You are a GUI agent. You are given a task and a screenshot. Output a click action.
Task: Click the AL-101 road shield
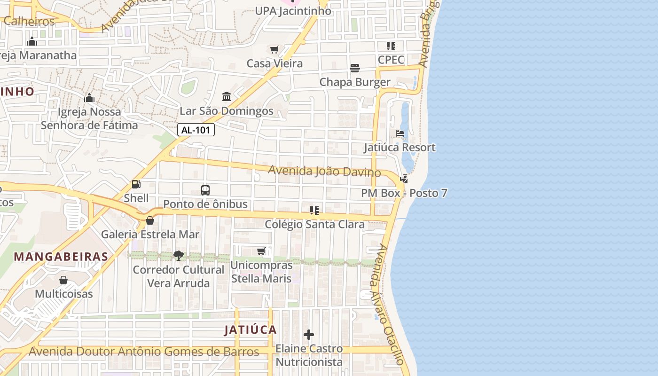click(196, 130)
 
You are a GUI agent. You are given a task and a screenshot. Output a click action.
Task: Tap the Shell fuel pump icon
click(136, 185)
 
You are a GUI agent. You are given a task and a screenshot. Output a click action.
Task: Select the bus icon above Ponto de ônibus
click(205, 190)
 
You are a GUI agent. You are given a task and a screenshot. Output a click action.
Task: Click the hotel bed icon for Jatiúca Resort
click(400, 134)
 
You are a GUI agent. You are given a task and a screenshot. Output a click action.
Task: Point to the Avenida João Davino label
click(324, 171)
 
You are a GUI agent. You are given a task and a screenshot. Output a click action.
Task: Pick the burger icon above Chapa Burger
click(355, 68)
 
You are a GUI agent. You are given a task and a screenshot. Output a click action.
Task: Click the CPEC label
click(391, 60)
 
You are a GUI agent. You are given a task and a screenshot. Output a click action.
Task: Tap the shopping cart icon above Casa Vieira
click(274, 49)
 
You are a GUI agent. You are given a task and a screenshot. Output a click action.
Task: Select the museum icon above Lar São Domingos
click(227, 97)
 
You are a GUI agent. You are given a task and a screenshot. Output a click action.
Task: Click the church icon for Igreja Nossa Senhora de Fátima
click(89, 98)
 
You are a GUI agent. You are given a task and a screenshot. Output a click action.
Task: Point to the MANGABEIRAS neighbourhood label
click(61, 257)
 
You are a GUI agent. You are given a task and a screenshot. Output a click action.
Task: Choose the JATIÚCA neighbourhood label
click(251, 330)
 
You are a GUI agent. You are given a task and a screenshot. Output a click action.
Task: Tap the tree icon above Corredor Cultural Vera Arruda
click(179, 256)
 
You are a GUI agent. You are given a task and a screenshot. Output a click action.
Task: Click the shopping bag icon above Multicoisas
click(63, 281)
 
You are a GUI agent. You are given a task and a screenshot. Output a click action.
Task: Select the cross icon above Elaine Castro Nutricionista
click(309, 335)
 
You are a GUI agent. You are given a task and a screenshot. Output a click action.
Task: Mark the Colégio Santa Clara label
click(314, 225)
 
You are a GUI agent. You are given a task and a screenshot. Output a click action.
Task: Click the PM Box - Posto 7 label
click(404, 193)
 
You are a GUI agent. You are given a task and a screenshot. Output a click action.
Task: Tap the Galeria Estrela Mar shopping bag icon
click(150, 220)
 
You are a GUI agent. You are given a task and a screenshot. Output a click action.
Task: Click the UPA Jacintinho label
click(293, 11)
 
